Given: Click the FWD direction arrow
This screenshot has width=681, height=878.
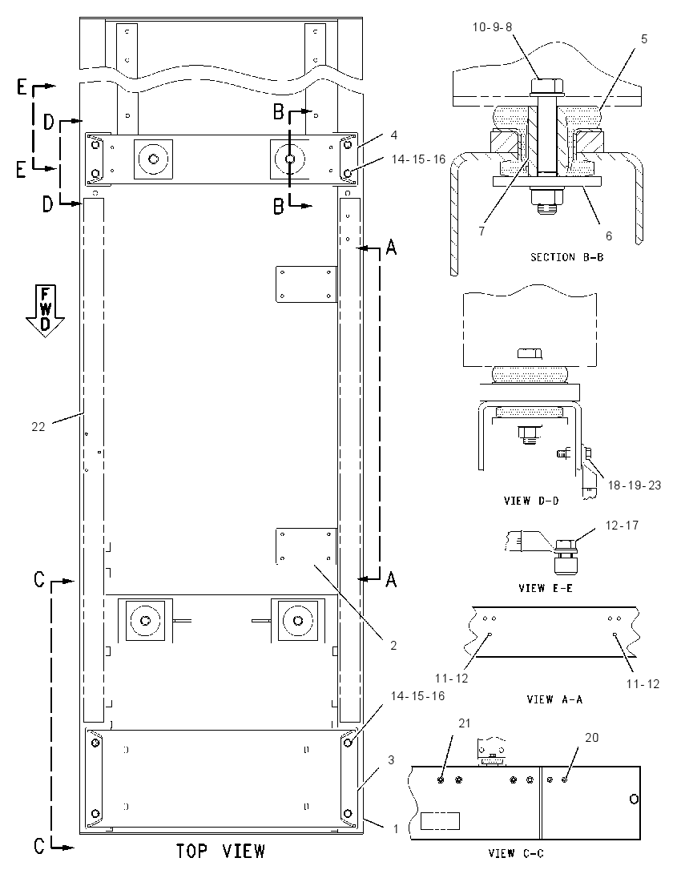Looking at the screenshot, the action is coord(46,311).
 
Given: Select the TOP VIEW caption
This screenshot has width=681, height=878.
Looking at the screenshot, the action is coord(220,851).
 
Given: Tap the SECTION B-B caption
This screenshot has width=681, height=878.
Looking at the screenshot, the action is coord(566,257).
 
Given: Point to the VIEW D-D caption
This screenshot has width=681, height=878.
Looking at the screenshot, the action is coord(531,501).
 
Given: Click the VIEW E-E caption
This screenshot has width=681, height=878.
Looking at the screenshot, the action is coord(546,588).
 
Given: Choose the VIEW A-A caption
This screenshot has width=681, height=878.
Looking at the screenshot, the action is coord(554,699).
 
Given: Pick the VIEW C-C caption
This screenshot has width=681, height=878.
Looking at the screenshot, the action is coord(516,853).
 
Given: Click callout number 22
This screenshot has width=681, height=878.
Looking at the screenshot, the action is coord(38,427).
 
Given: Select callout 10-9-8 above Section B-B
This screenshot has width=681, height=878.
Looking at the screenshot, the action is coord(492,27).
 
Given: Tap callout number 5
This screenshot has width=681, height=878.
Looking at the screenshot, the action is coord(644,38).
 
